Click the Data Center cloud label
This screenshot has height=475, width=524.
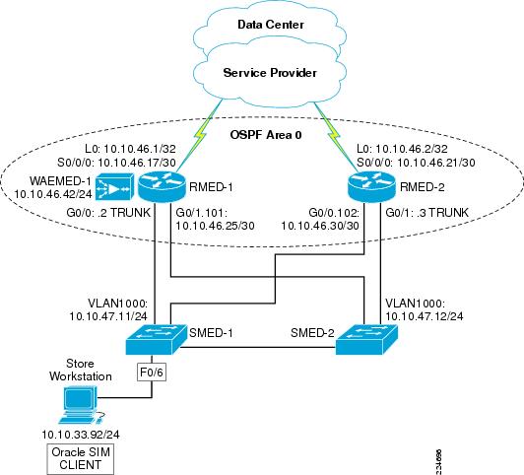pyautogui.click(x=271, y=25)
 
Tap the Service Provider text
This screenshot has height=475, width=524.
pyautogui.click(x=270, y=73)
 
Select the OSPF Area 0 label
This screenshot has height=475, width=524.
pyautogui.click(x=266, y=135)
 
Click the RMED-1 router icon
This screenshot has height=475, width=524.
pyautogui.click(x=162, y=186)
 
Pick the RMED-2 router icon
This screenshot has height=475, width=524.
pyautogui.click(x=371, y=186)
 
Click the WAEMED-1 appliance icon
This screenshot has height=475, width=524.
pyautogui.click(x=114, y=187)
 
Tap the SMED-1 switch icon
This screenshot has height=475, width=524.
pyautogui.click(x=156, y=339)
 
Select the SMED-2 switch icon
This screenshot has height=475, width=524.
pyautogui.click(x=366, y=339)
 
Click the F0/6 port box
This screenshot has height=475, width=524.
pyautogui.click(x=152, y=373)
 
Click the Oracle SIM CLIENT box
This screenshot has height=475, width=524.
pyautogui.click(x=80, y=458)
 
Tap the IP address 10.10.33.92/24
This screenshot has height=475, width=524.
pyautogui.click(x=81, y=435)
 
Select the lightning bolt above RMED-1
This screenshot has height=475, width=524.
pyautogui.click(x=201, y=135)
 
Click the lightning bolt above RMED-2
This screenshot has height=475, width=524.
pyautogui.click(x=333, y=135)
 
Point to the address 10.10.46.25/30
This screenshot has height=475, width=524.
pyautogui.click(x=215, y=226)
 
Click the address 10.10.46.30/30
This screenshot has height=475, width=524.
pyautogui.click(x=320, y=226)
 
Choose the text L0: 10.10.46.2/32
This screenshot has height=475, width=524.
pyautogui.click(x=402, y=149)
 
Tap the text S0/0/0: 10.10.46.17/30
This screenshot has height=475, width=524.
pyautogui.click(x=116, y=163)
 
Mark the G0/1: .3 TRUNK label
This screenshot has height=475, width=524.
pyautogui.click(x=426, y=212)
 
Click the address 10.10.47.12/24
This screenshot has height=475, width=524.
pyautogui.click(x=425, y=316)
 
